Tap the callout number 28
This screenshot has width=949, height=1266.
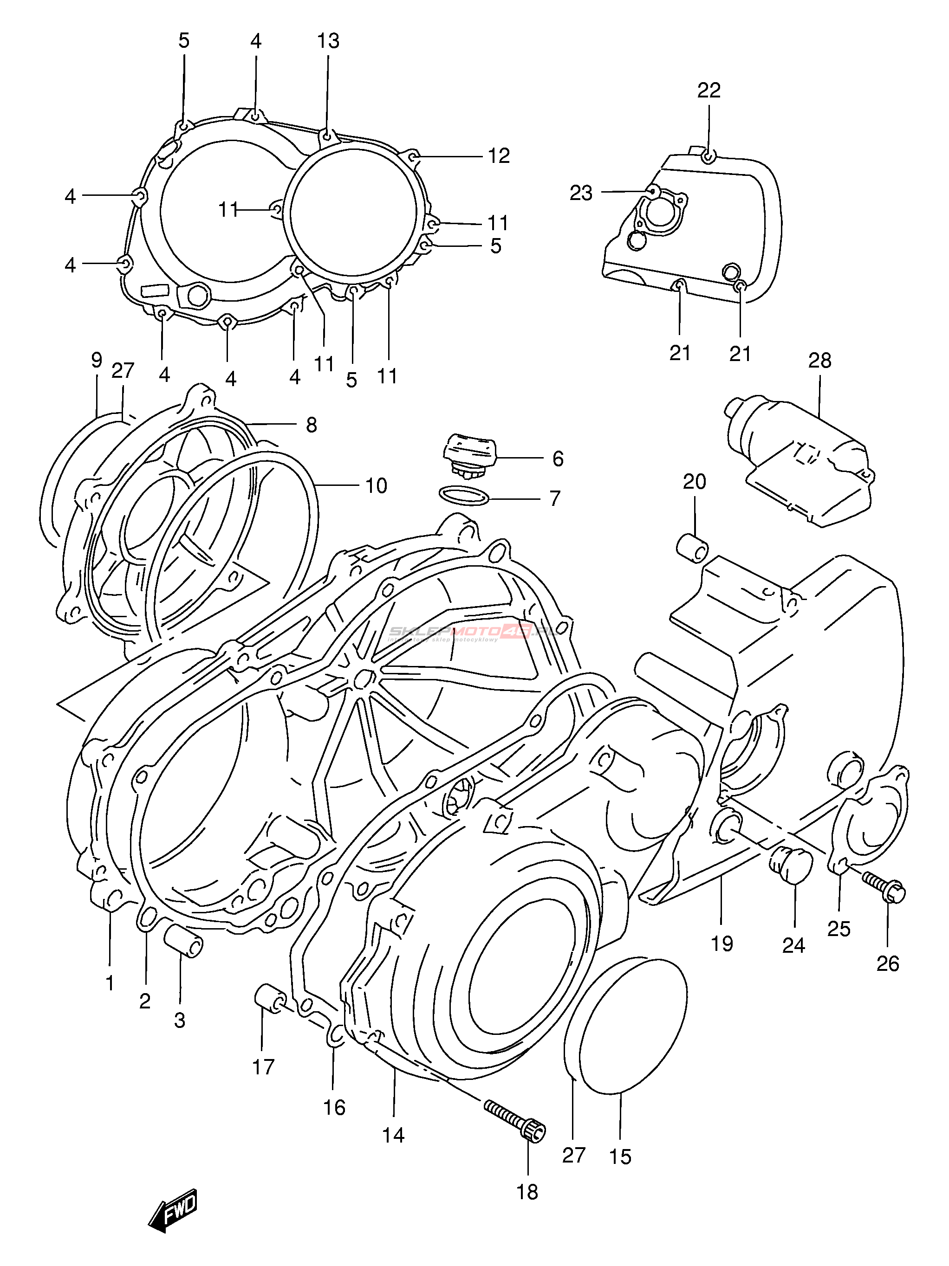tap(819, 361)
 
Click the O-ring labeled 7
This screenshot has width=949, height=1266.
tap(463, 496)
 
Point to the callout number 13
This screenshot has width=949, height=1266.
tap(328, 41)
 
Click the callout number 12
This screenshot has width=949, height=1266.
tap(498, 155)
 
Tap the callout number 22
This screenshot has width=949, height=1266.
tap(708, 90)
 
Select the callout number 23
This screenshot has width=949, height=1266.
tap(580, 194)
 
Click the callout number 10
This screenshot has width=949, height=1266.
tap(376, 486)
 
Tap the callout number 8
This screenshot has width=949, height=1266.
tap(311, 425)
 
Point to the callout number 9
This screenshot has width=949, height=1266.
tap(96, 360)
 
